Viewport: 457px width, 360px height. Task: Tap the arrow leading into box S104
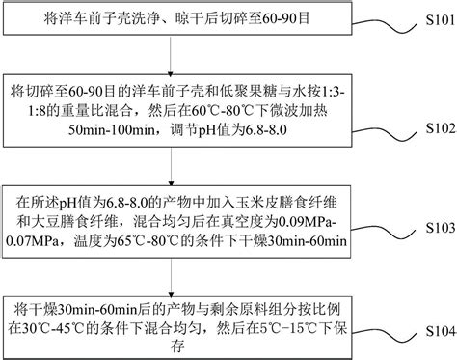tap(171, 273)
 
